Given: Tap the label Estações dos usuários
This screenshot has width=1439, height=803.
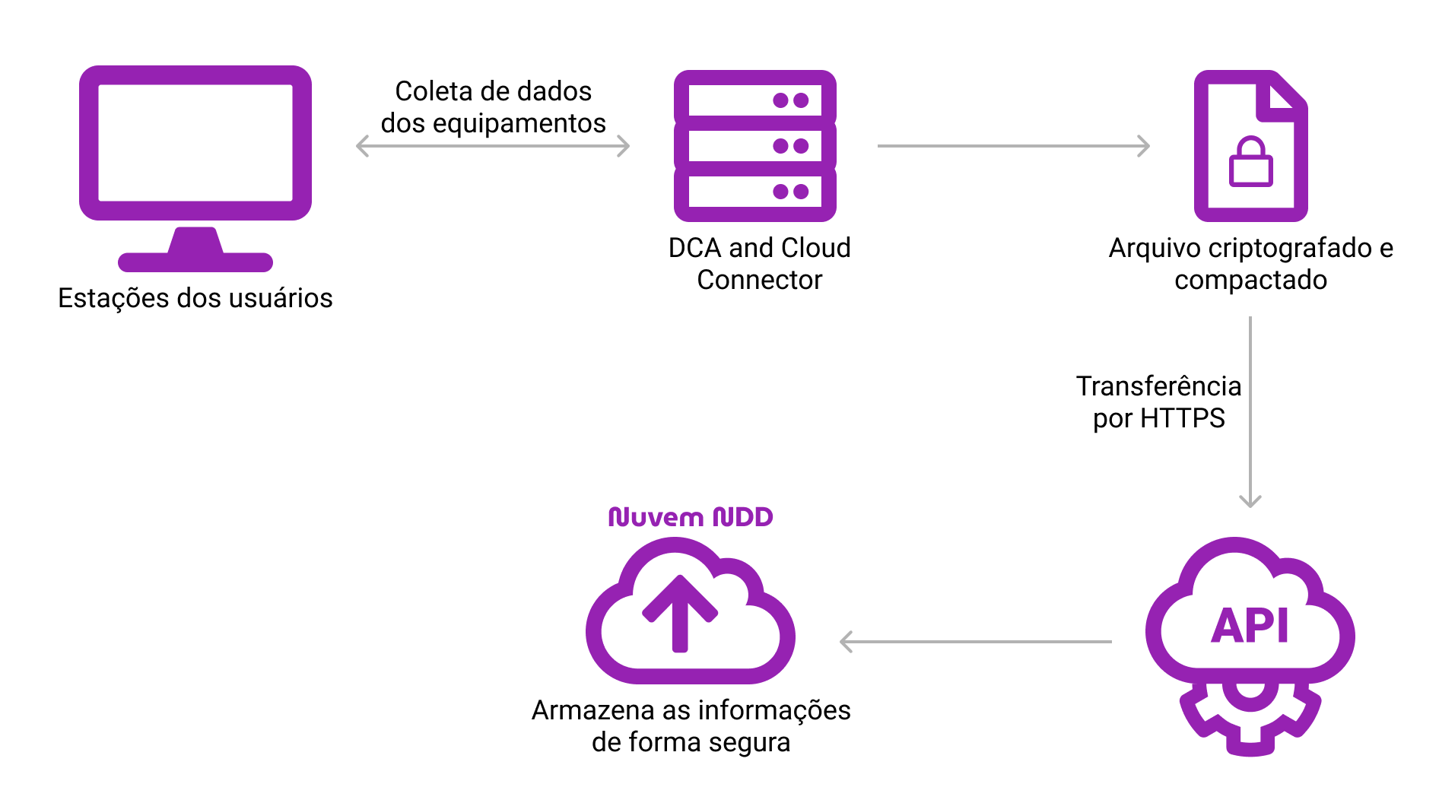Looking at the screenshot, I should coord(195,298).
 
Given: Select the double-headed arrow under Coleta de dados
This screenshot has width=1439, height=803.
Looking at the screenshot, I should coord(493,146).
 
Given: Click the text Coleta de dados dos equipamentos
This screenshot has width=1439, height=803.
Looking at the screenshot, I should coord(493,107).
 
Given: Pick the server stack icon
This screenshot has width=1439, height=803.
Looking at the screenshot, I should coord(754,145).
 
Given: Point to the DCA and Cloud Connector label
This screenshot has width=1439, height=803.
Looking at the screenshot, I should coord(759,264).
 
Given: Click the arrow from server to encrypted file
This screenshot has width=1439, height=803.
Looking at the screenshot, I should coord(1013,146).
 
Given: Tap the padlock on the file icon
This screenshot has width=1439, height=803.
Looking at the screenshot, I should coord(1250,162).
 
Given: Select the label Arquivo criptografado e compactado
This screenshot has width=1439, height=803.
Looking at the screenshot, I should coord(1250,264).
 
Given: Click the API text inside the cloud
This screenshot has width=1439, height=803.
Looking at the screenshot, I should coord(1250,627).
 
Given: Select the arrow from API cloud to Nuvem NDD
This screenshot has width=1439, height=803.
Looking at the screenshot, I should coord(975,642).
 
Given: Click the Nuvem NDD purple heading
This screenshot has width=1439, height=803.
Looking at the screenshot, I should coord(691,517).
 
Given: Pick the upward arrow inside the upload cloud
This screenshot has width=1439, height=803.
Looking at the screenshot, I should coord(680,613).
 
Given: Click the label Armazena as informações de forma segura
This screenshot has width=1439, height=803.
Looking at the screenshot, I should coord(691,726).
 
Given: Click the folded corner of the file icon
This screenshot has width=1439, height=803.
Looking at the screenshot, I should coord(1282,97).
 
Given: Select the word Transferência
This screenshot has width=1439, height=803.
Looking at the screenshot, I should coord(1158,386).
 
